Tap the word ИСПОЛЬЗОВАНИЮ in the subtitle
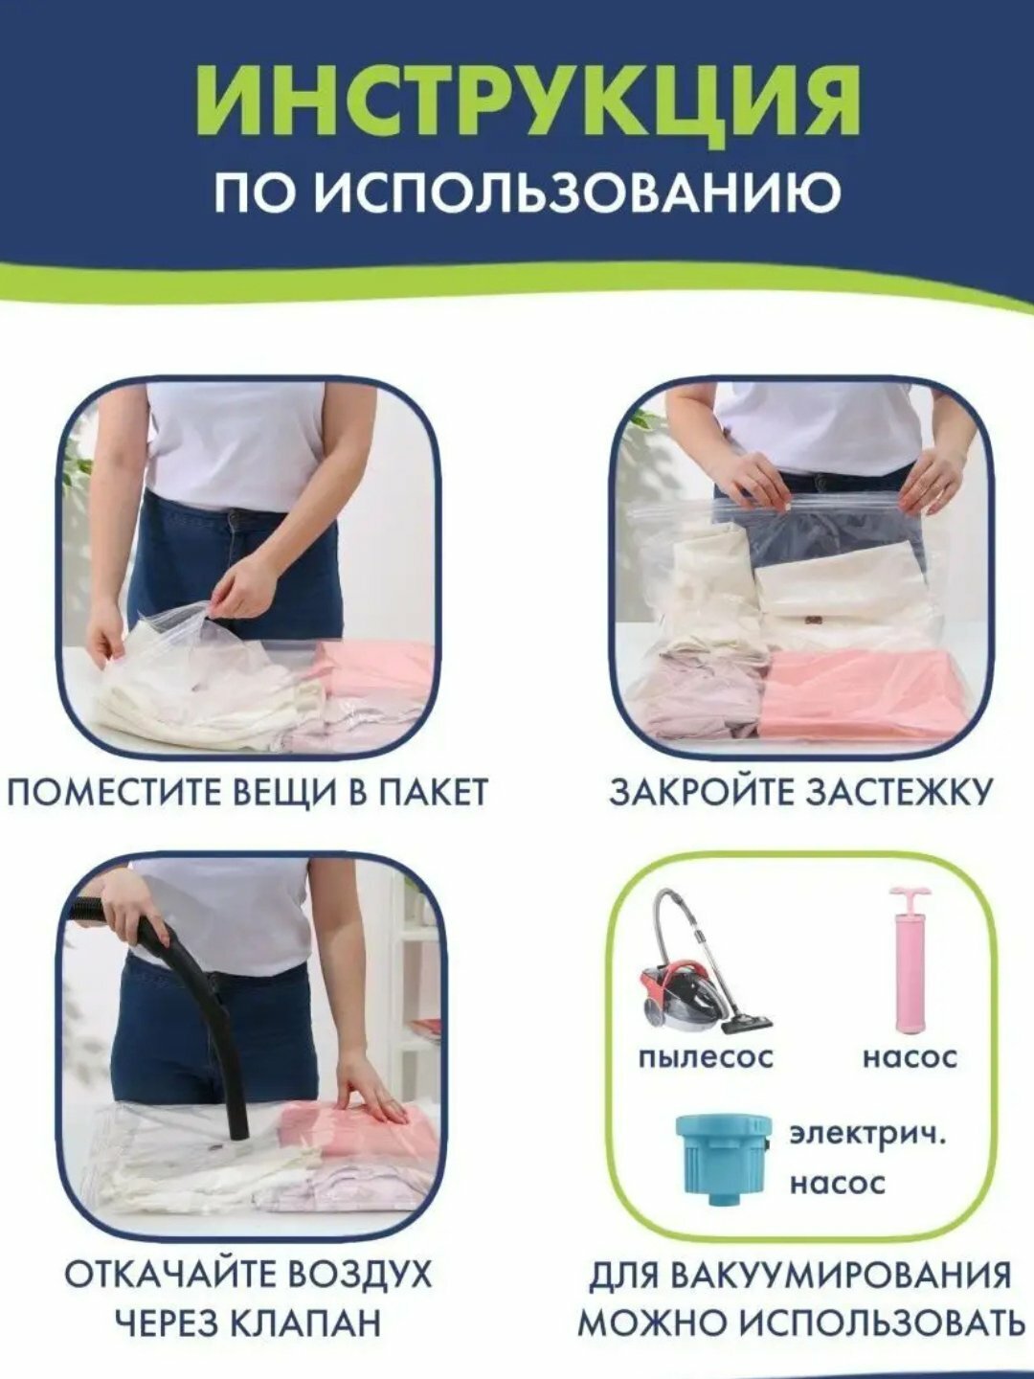pos(578,192)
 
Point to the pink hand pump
pos(906,959)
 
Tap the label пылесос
pos(705,1057)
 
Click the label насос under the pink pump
pos(909,1057)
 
